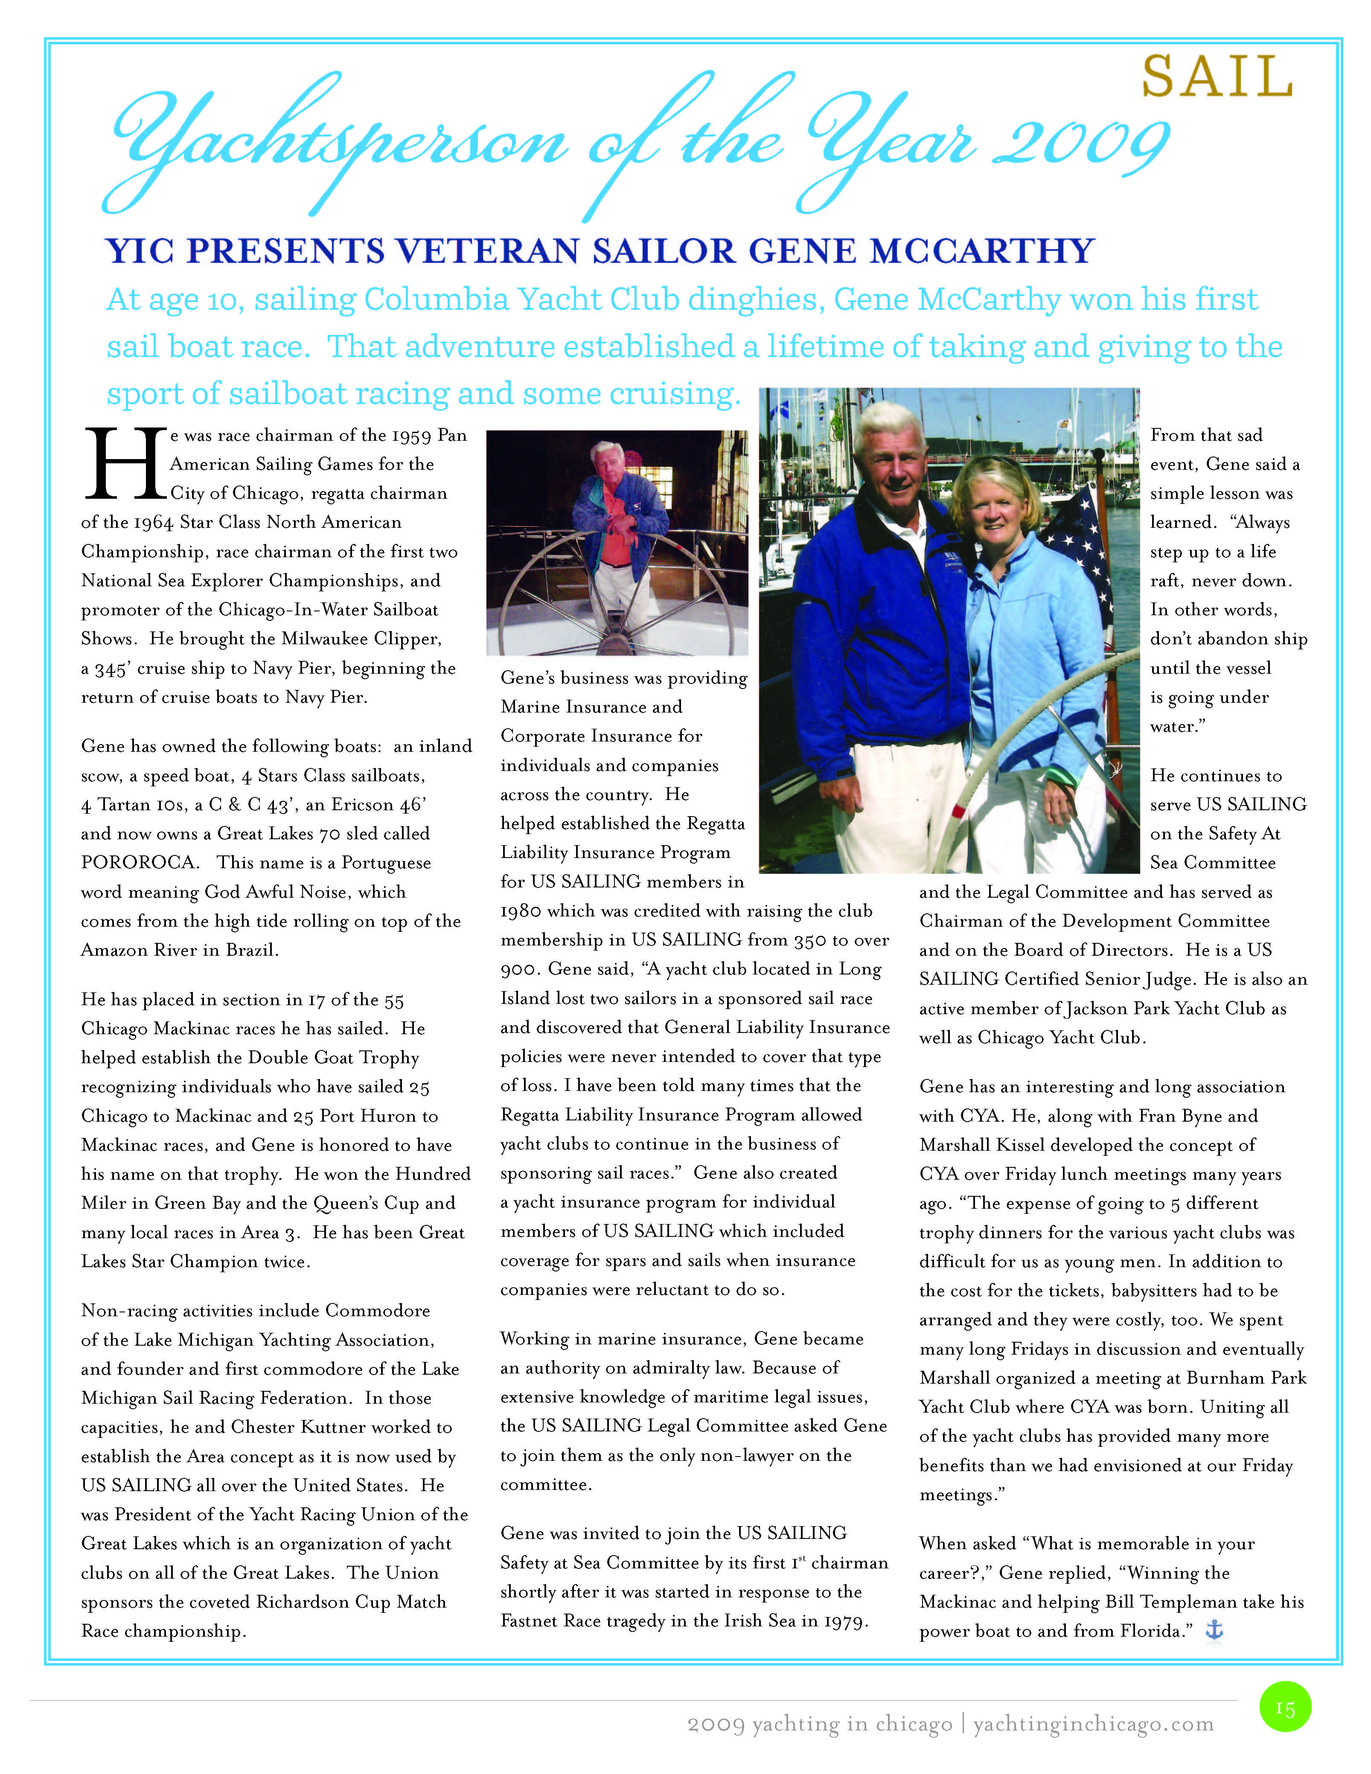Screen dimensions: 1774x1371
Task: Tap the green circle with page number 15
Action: click(x=1285, y=1707)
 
